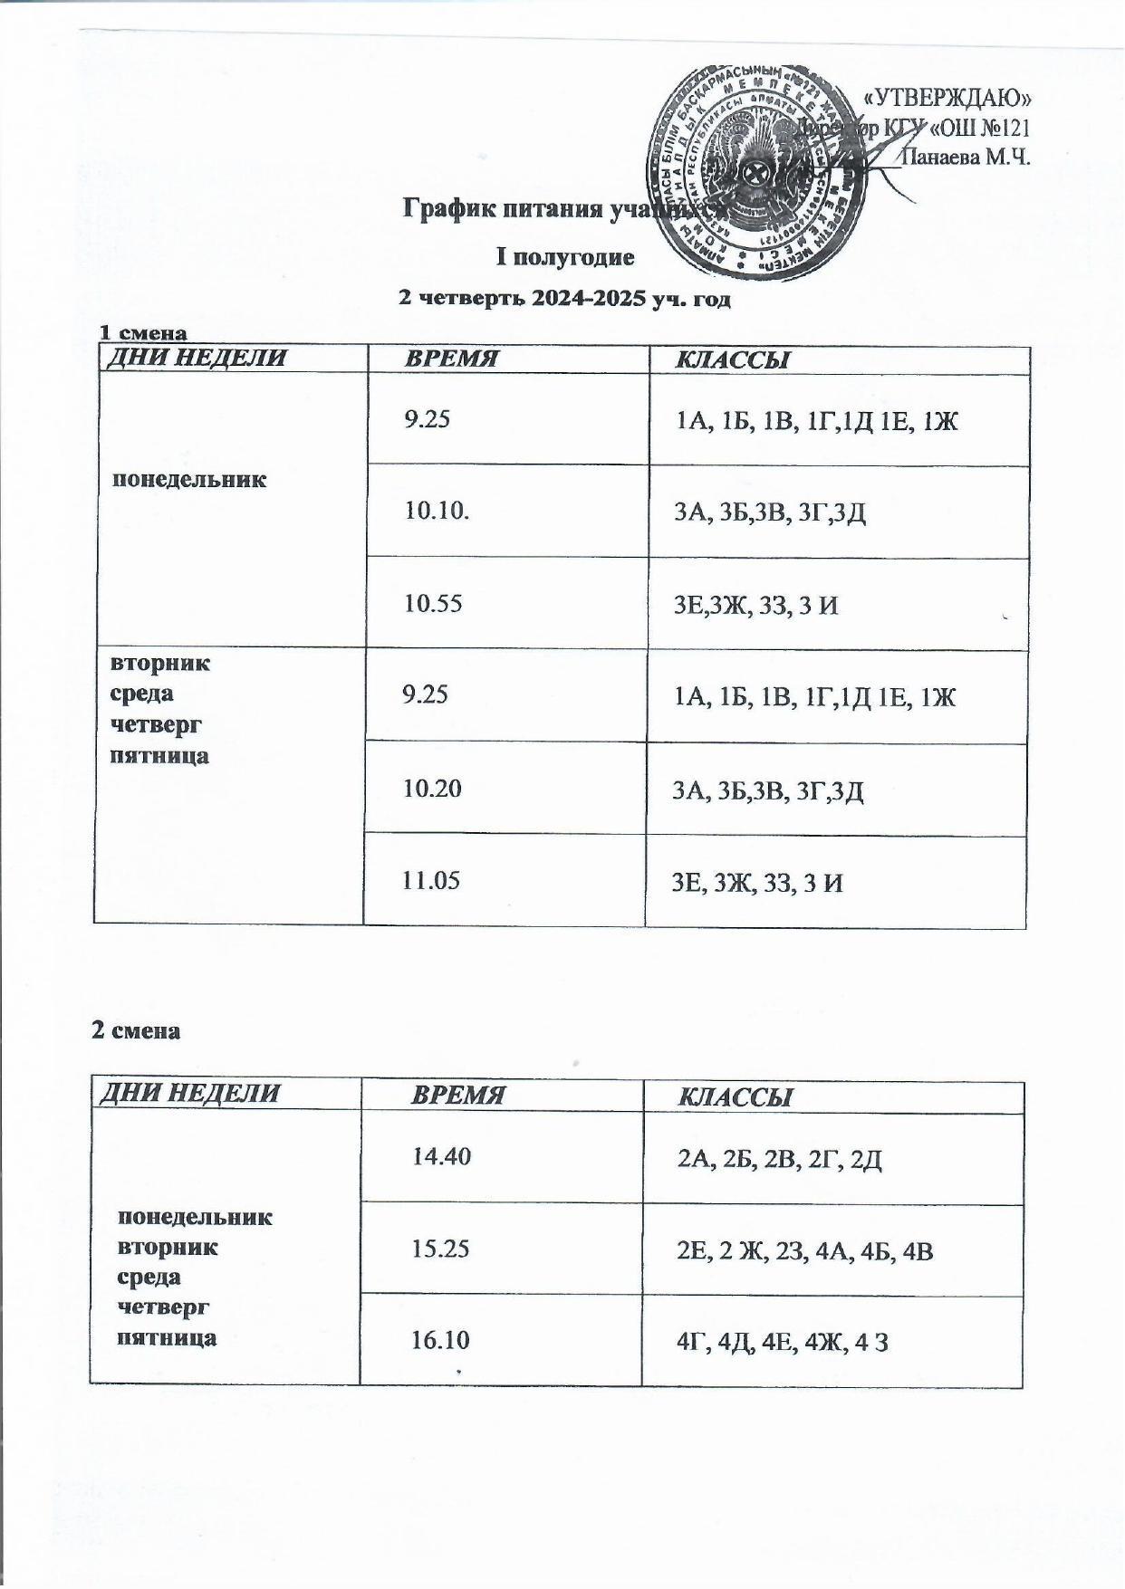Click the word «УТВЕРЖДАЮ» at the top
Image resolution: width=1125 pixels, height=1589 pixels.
point(948,98)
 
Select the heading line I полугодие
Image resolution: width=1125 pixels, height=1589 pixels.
point(563,257)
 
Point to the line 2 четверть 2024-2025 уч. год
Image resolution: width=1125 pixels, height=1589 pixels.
point(564,299)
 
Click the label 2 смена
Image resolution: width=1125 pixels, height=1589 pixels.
point(136,1030)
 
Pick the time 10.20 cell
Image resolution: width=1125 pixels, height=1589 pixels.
point(432,789)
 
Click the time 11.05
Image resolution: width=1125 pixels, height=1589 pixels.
point(431,879)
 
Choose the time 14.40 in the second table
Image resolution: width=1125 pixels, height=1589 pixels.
point(441,1156)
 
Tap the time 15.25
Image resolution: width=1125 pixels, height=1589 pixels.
point(440,1249)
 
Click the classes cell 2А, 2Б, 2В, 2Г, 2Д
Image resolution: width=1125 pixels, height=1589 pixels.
point(780,1160)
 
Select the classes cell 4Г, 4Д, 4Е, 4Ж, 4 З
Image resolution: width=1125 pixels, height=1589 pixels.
point(782,1344)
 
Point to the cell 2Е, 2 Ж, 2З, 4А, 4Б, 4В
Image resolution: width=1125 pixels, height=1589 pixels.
point(805,1252)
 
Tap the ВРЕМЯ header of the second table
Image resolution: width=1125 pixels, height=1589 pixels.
point(457,1096)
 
